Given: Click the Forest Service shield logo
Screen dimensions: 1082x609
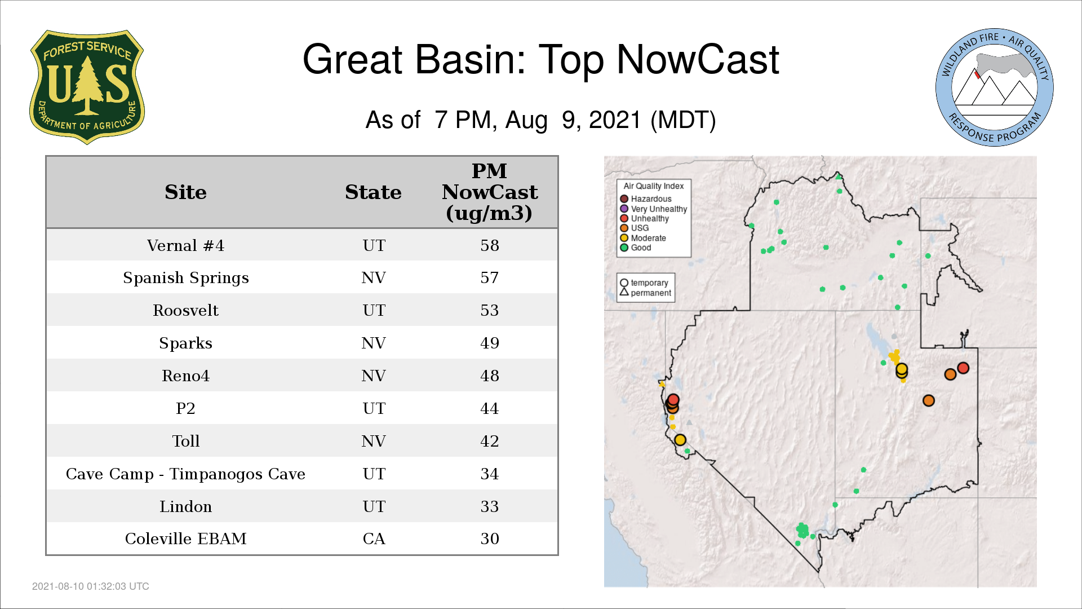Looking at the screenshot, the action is point(87,87).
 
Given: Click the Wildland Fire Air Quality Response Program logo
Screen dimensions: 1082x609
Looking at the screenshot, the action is point(995,87).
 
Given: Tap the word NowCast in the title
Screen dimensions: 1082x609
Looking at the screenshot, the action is point(698,59).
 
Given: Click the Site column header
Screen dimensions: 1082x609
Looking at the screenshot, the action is point(185,192).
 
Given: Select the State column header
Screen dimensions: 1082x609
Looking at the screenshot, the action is point(373,192).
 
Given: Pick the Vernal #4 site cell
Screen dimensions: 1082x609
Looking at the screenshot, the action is point(185,245).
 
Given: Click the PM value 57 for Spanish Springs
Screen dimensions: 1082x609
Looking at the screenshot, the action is point(489,277).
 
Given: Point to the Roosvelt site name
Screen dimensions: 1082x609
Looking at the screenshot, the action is point(185,310).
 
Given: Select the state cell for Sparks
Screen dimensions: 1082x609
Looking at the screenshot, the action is point(374,343).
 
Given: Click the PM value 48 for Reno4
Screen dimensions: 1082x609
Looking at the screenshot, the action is point(489,376).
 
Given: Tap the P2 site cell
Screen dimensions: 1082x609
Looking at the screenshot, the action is point(185,408).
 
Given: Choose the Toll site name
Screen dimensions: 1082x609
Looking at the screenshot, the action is point(185,441).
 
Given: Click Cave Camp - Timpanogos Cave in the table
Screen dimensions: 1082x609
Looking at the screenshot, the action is point(185,474).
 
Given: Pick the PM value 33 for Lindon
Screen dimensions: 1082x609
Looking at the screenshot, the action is point(489,506).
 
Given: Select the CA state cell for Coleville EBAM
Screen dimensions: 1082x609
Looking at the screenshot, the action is point(374,539).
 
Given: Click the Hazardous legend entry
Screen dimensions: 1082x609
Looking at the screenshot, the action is point(646,199).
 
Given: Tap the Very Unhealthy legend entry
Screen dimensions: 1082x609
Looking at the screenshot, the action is point(654,209).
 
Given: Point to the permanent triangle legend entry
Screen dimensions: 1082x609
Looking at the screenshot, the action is point(646,293).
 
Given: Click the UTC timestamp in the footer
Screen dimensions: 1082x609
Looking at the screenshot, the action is point(91,586).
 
